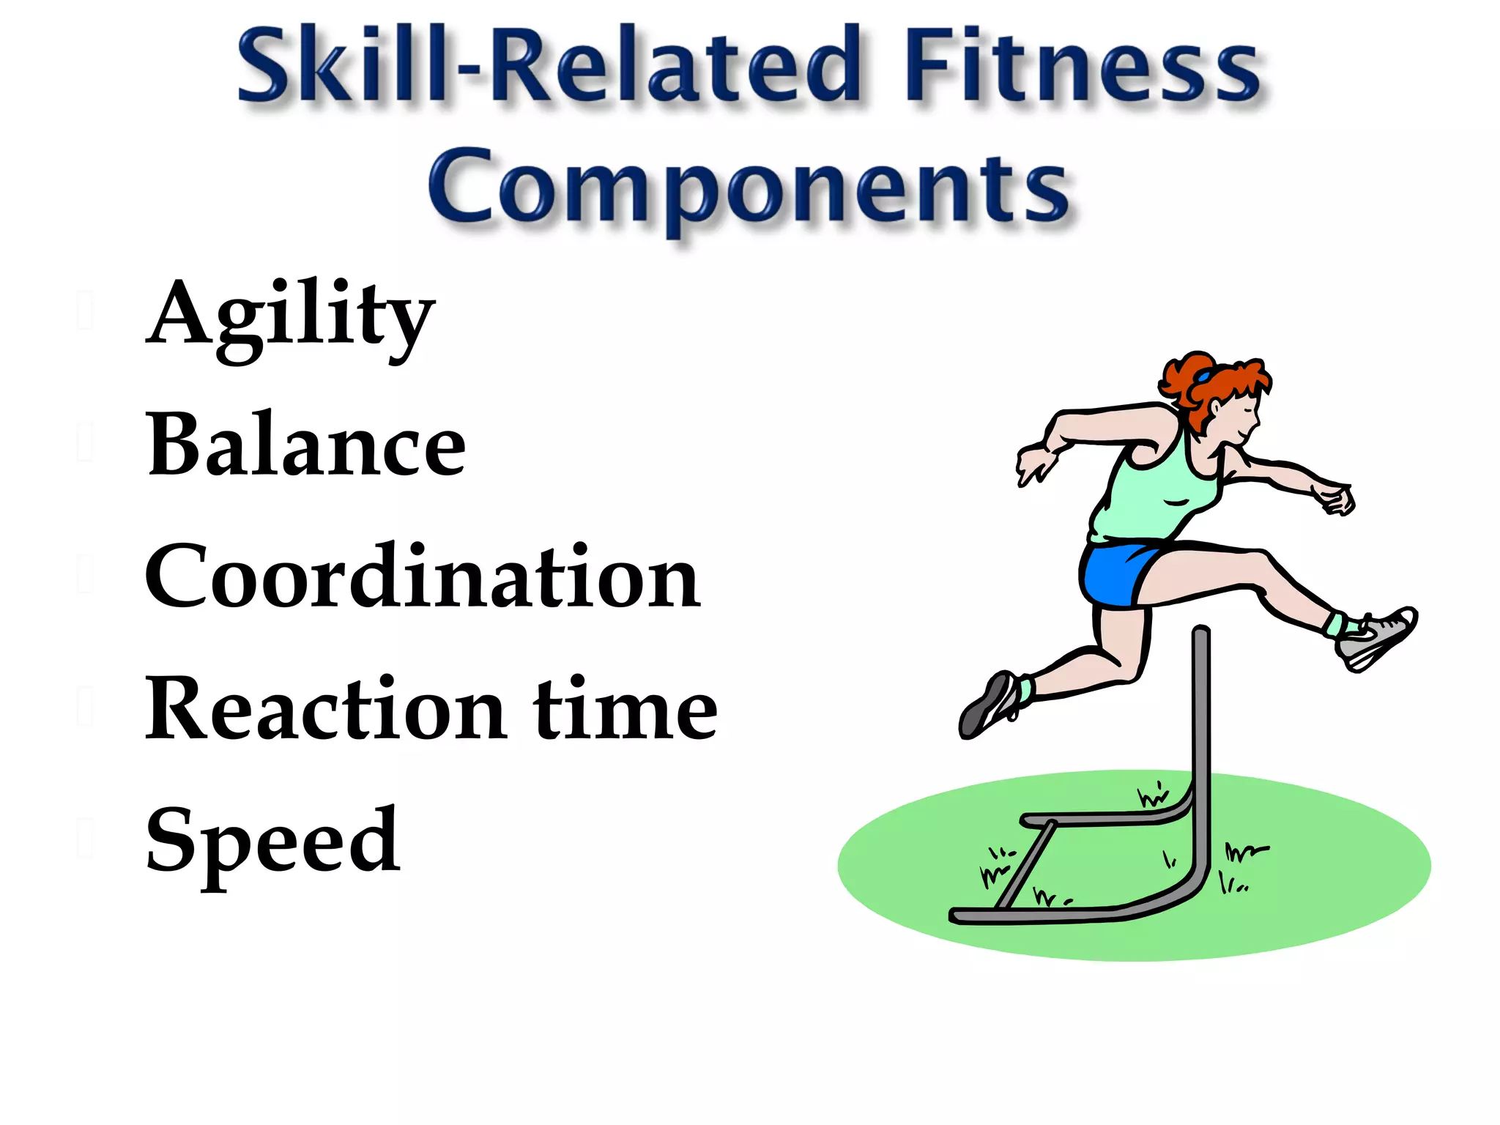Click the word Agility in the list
tap(290, 316)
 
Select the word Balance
tap(305, 445)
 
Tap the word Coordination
tap(423, 576)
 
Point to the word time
tap(625, 709)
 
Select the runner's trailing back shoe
tap(989, 707)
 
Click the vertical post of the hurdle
tap(1201, 732)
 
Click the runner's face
tap(1238, 417)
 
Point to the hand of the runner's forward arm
tap(1337, 500)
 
